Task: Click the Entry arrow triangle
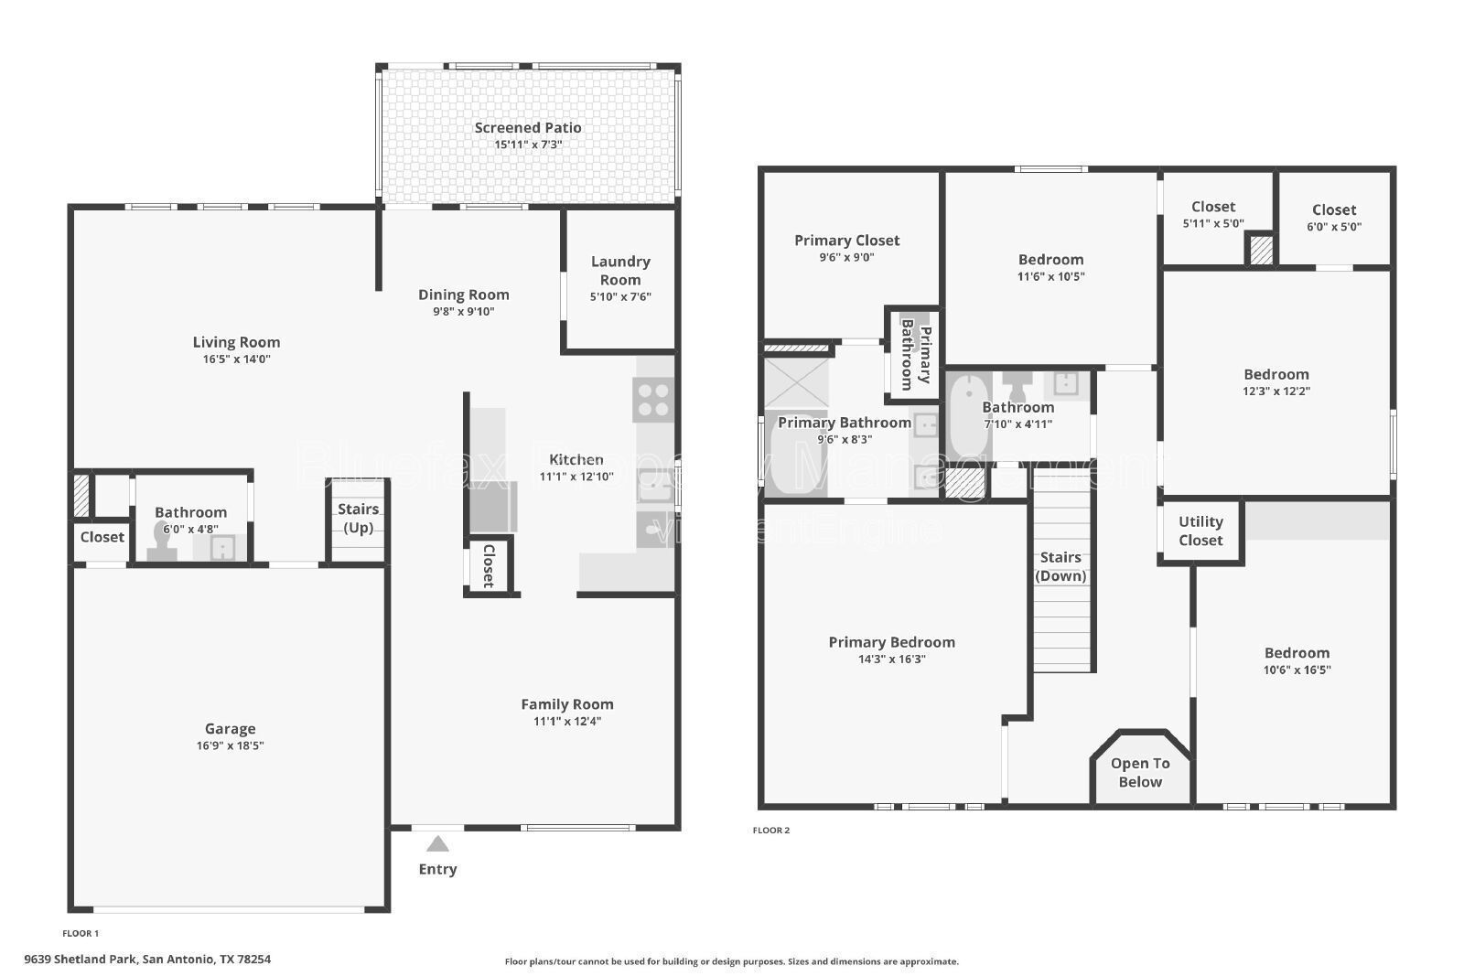click(x=437, y=843)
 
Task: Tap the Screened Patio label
click(x=527, y=128)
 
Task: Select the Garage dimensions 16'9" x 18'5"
click(x=230, y=745)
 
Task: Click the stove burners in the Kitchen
click(x=653, y=400)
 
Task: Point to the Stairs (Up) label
click(x=358, y=519)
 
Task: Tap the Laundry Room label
click(x=620, y=271)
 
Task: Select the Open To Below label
click(x=1140, y=773)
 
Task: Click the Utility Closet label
click(x=1200, y=531)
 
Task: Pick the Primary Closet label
click(x=846, y=241)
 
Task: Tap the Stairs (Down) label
click(x=1060, y=566)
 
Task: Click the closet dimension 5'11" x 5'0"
click(x=1213, y=223)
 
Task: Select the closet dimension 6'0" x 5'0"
click(x=1333, y=226)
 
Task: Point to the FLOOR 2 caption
click(x=770, y=831)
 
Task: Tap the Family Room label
click(x=567, y=704)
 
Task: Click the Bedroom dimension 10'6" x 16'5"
click(x=1297, y=670)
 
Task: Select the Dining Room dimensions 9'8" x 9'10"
click(x=463, y=311)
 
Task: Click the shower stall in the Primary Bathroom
click(x=795, y=382)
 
